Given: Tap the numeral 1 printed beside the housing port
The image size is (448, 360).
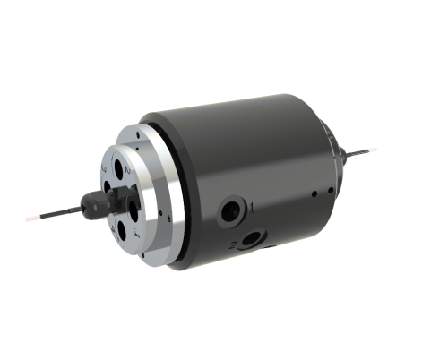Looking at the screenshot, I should click(x=252, y=208).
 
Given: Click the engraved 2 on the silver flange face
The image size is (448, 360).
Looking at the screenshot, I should click(x=128, y=169).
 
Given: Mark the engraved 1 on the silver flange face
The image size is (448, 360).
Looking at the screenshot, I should click(x=135, y=232).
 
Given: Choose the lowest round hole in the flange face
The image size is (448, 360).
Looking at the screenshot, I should click(x=121, y=229).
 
